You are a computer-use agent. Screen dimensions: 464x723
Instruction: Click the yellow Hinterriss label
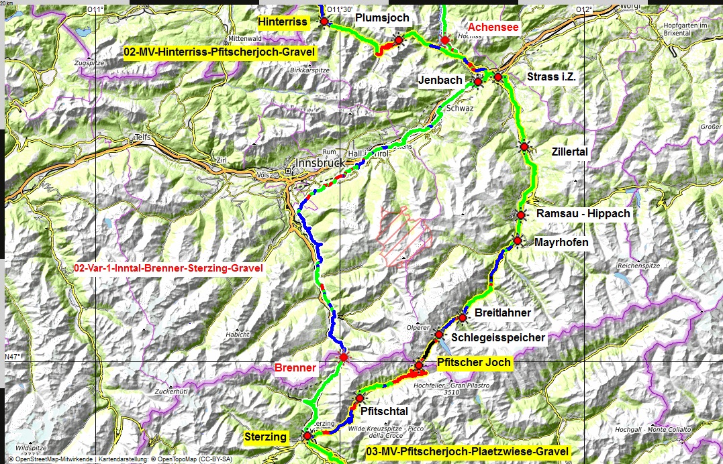[283, 23]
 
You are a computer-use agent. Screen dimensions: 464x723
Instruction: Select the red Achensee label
[493, 27]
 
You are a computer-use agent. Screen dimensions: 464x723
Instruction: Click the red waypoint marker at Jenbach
[478, 82]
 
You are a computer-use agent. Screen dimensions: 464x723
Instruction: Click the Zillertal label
[570, 152]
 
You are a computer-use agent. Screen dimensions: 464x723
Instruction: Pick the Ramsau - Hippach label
[583, 214]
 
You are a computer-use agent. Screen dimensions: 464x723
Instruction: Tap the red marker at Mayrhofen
[518, 240]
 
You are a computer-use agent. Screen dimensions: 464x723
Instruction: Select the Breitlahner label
[503, 313]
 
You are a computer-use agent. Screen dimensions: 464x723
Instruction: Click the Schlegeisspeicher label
[497, 337]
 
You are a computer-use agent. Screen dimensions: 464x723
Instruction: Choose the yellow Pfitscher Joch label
[474, 363]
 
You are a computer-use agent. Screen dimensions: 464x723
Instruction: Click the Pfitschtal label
[385, 410]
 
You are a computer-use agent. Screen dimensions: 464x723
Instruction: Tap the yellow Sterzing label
[265, 437]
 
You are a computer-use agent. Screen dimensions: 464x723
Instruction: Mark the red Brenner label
[295, 367]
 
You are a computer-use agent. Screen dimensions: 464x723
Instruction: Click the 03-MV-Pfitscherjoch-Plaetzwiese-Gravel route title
[468, 451]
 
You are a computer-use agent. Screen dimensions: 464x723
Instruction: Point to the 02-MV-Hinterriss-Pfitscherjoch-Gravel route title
[219, 51]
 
